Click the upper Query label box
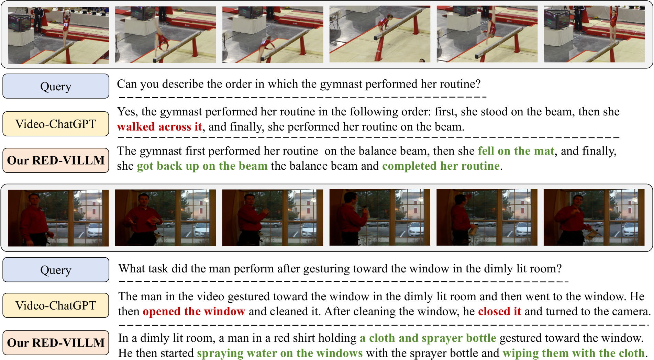coord(56,86)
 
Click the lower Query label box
coord(56,270)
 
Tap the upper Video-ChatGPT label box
coord(56,124)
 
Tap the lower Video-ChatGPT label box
coord(56,305)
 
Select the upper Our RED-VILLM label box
coord(56,160)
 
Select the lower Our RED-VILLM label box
coord(56,342)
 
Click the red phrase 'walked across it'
coord(159,127)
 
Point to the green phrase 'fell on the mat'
coord(516,151)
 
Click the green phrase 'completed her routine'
coord(441,166)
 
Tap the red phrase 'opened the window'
coord(194,311)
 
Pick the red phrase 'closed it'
coord(500,311)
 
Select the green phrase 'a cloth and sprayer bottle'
coord(428,338)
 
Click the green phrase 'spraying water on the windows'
coord(280,353)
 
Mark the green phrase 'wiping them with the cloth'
coord(574,353)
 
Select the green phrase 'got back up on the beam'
coord(202,166)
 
